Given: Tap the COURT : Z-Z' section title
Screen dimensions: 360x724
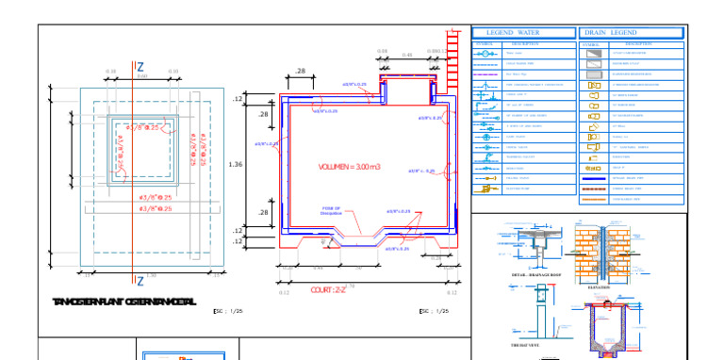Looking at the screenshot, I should [x=329, y=290].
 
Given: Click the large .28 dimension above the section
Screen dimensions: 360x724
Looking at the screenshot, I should [x=301, y=72].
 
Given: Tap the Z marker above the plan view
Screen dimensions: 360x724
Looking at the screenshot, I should [x=140, y=67].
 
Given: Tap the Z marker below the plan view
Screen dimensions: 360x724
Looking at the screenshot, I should [x=140, y=281].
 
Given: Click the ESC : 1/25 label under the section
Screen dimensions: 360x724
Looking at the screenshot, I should [x=434, y=310].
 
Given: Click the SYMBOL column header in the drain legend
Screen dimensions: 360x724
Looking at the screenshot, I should [x=590, y=43].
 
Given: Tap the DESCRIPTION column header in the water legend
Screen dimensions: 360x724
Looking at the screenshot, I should [x=524, y=43].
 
